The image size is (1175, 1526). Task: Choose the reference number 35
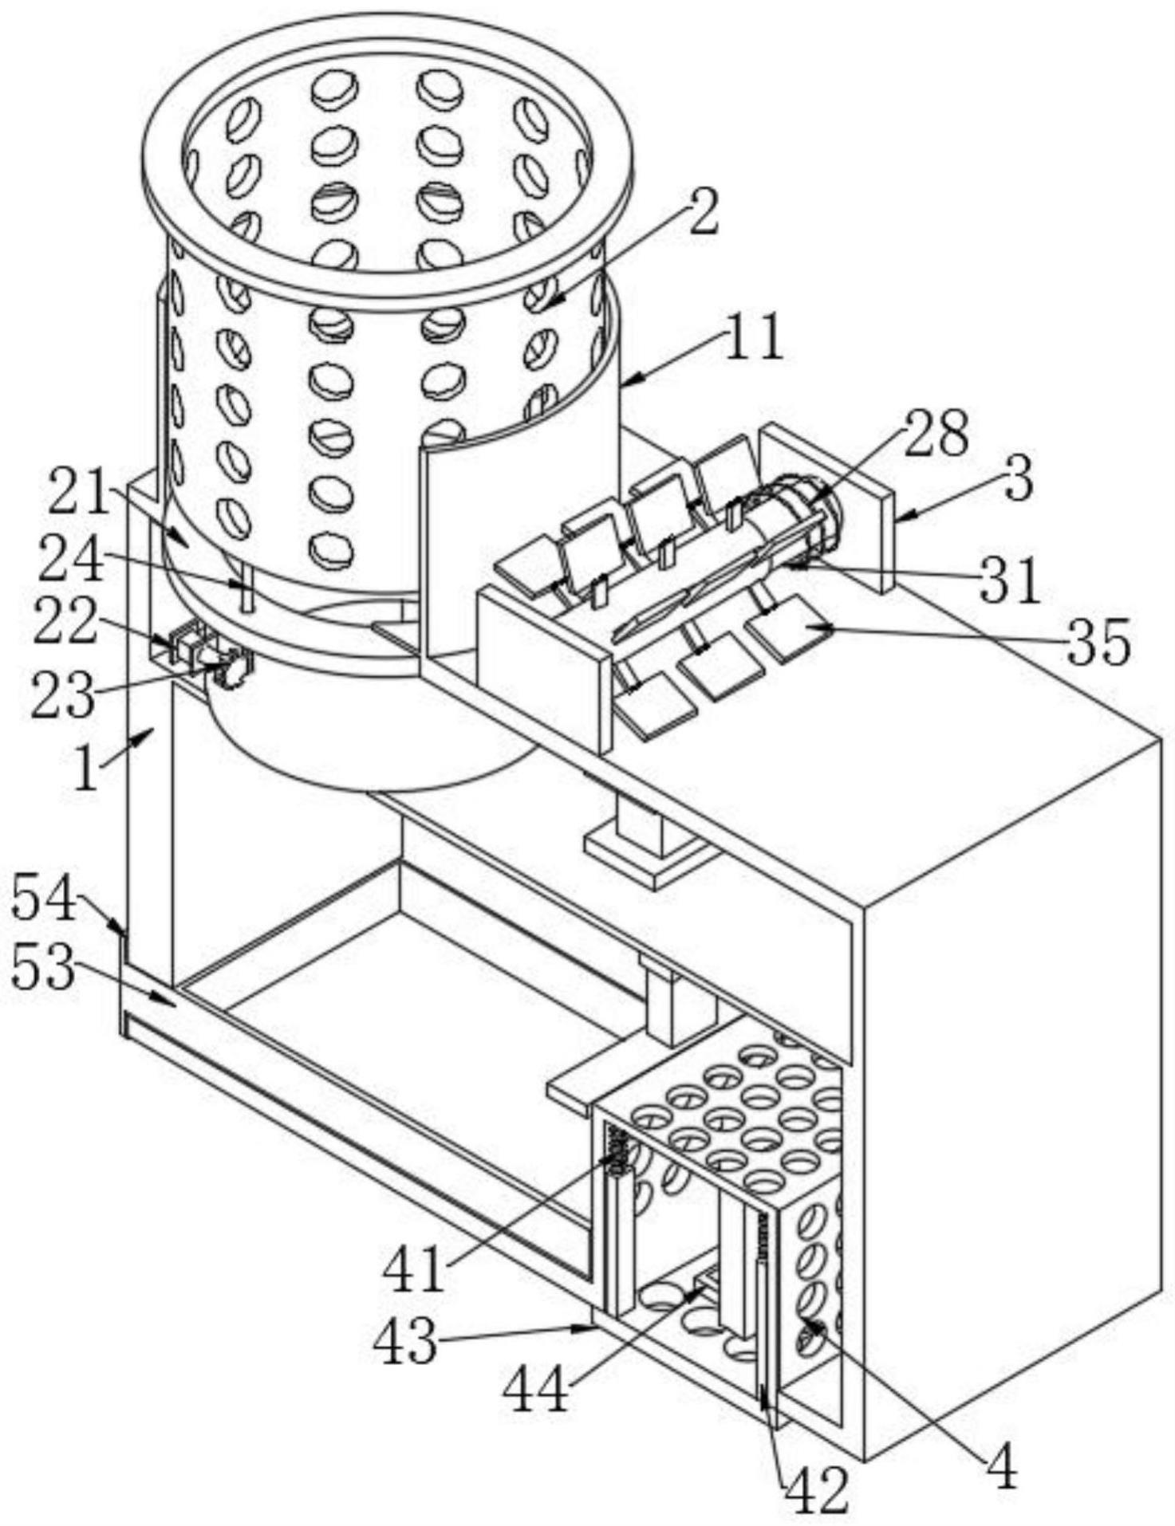(x=1099, y=640)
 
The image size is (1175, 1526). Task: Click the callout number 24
(x=71, y=560)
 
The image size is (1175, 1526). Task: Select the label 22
(x=65, y=623)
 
